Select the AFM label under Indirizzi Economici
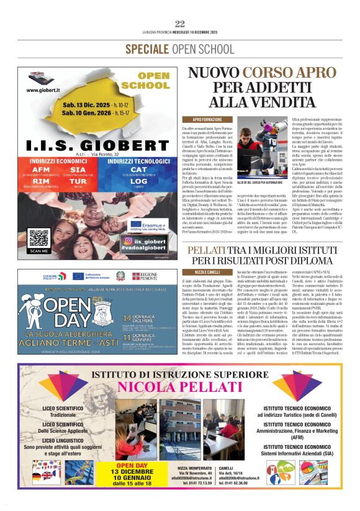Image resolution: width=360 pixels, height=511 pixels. (40, 170)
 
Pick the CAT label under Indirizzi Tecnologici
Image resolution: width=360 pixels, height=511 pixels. (139, 169)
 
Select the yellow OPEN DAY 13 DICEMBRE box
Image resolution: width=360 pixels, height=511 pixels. (132, 475)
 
